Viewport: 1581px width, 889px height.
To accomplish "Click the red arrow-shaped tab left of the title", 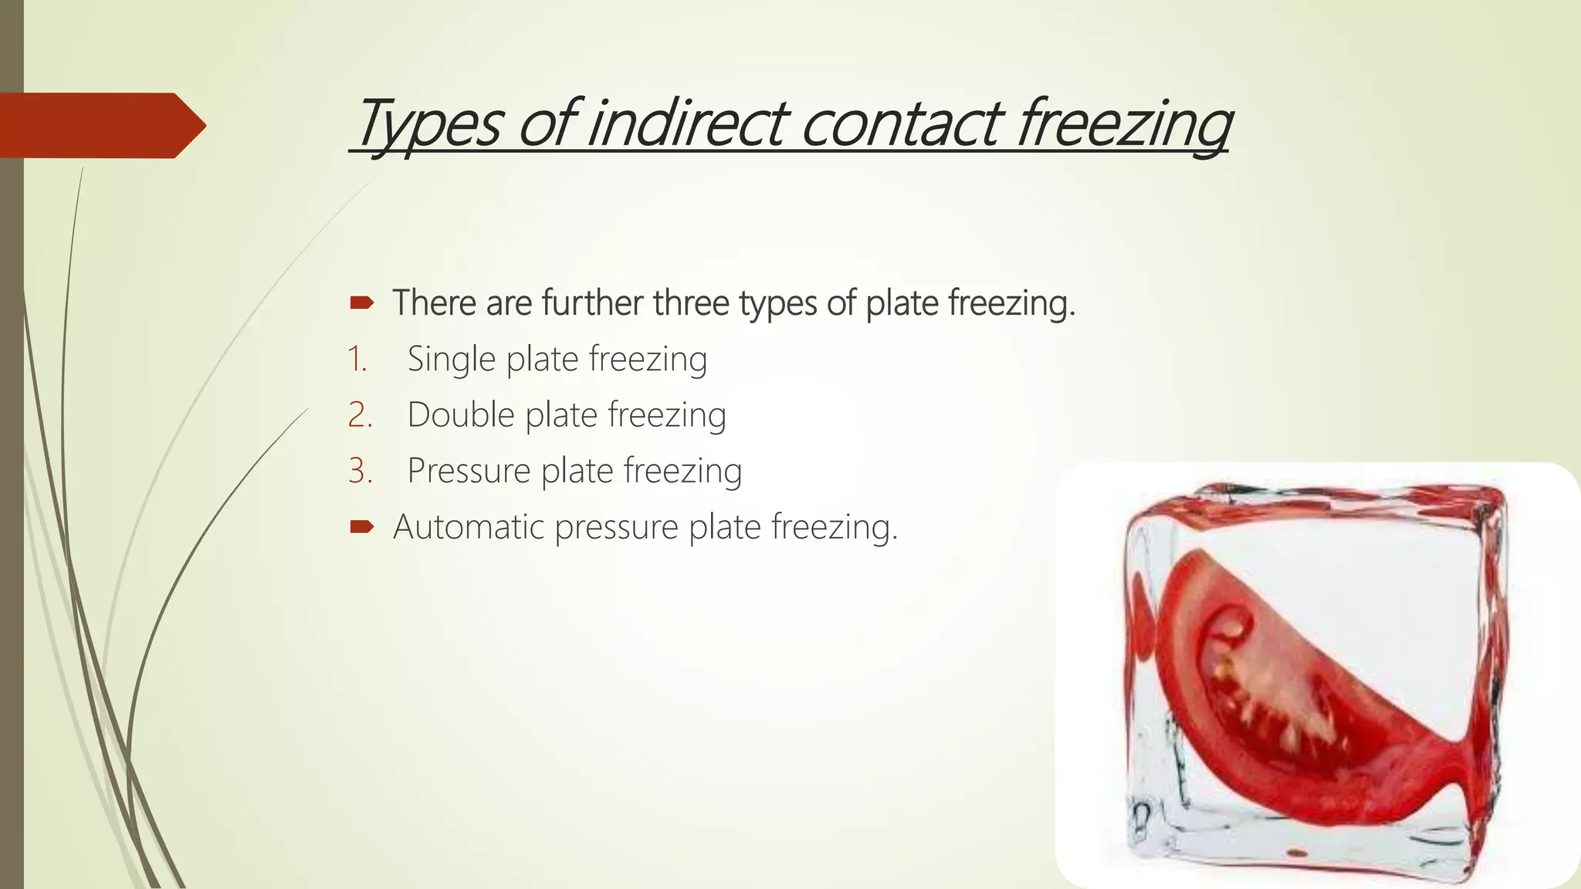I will [x=100, y=125].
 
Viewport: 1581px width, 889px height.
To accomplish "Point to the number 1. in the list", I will [x=357, y=360].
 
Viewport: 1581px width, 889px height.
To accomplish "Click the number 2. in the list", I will [x=360, y=415].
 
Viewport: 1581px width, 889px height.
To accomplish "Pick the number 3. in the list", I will [x=360, y=471].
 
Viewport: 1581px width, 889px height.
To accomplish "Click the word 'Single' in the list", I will [x=451, y=360].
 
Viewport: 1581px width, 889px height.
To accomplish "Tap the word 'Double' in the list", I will [x=461, y=415].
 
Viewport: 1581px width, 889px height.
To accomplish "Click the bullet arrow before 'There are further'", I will [x=361, y=303].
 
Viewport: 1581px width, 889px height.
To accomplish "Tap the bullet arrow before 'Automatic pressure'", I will [x=361, y=527].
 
